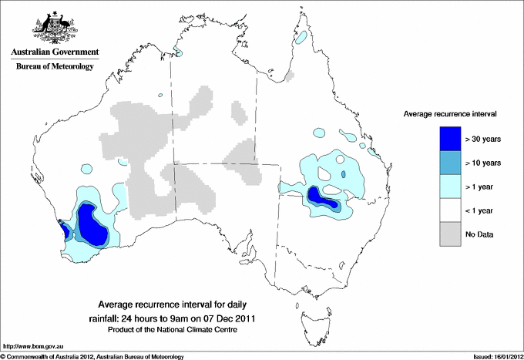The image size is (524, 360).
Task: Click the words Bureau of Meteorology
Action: tap(55, 66)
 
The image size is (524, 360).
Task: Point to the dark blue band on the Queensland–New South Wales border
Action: tap(323, 199)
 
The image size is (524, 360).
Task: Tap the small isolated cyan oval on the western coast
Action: tap(85, 166)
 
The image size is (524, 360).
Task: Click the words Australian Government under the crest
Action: tap(55, 52)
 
